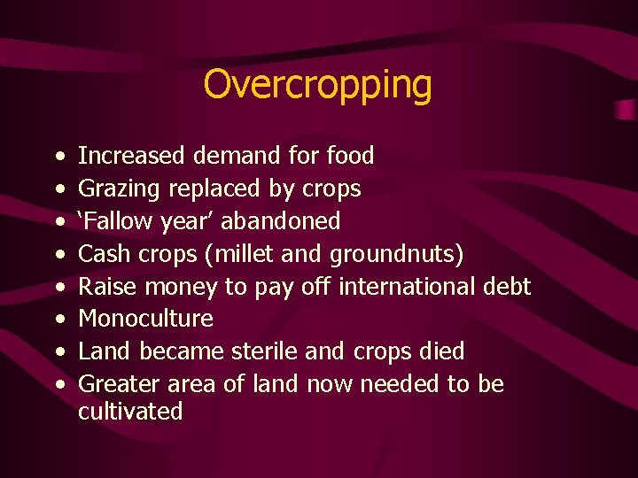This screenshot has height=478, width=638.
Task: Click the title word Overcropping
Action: [317, 85]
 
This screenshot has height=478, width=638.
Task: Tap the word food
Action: [350, 157]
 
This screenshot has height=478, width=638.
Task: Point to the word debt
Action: [506, 287]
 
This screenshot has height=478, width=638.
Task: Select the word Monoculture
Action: [145, 319]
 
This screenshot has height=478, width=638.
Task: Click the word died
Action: [440, 351]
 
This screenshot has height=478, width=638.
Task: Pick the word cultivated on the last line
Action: [130, 412]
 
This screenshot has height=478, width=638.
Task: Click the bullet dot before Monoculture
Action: [58, 320]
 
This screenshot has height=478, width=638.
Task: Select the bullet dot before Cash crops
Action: [58, 255]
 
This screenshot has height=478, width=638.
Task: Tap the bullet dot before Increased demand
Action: [58, 158]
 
